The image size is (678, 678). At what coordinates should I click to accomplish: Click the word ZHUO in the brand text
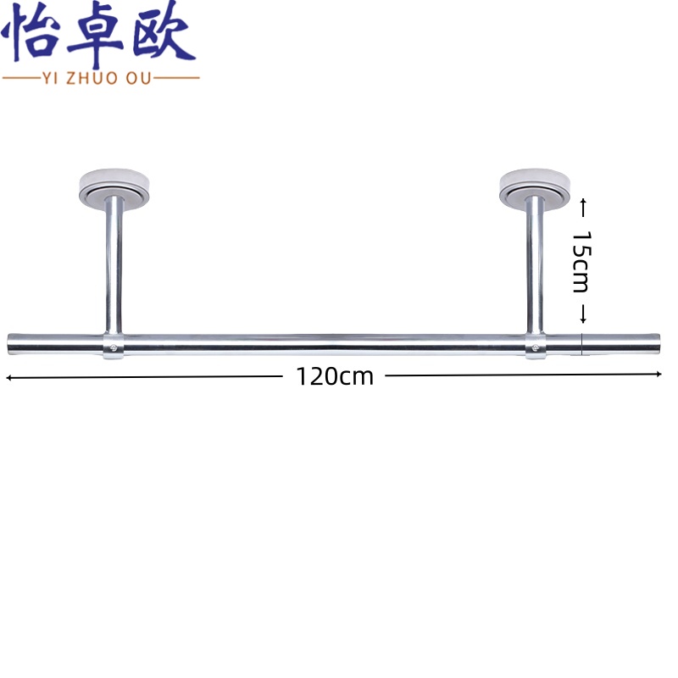pos(100,78)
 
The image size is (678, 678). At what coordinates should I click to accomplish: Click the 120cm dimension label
pos(335,376)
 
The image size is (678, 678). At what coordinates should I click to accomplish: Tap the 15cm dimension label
pos(581,261)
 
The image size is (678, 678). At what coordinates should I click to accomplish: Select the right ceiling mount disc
pos(534,188)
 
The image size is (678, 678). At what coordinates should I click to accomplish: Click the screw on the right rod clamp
pos(535,345)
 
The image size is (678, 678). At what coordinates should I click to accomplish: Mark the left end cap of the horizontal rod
pos(12,343)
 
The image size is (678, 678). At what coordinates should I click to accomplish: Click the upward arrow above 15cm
pos(583,204)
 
